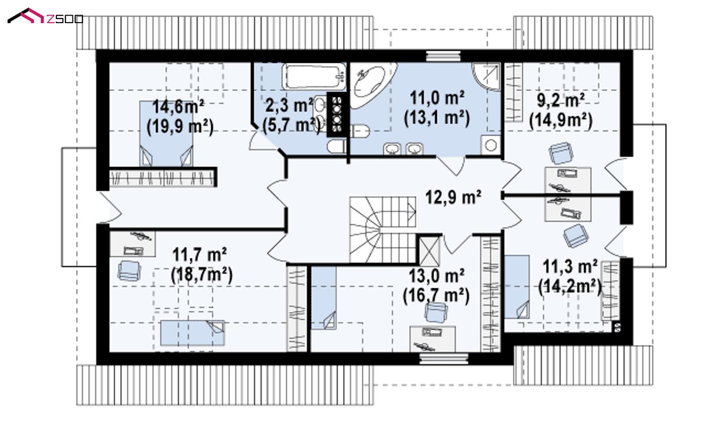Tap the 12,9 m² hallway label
pos(453,197)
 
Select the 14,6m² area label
pos(179,107)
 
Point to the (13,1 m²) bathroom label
pos(437,118)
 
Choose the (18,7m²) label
pos(202,275)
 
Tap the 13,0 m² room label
pos(436,276)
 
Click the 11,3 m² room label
pos(570,267)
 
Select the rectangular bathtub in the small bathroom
pos(314,76)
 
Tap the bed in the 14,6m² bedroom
pos(166,134)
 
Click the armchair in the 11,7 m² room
pos(129,271)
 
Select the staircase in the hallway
pos(382,229)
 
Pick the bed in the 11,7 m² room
pos(193,333)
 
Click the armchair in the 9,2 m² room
pos(561,153)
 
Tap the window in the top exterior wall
pos(443,56)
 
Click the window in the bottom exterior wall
pos(444,359)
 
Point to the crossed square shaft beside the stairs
pos(429,251)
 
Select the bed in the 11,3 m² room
pos(517,287)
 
